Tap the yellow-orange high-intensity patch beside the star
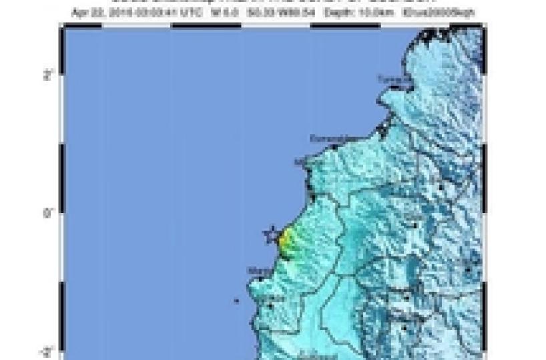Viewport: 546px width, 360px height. [x=285, y=242]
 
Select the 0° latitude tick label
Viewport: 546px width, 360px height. [x=48, y=214]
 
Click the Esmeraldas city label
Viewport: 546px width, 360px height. [x=327, y=138]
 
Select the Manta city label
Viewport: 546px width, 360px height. [x=257, y=271]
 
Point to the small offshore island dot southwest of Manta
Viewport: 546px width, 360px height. [x=236, y=301]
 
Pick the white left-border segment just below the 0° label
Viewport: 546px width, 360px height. [x=61, y=248]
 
